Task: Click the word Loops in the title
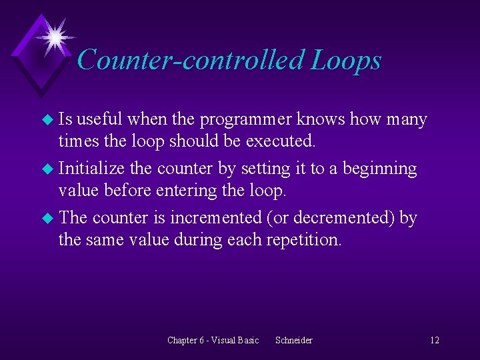click(x=345, y=60)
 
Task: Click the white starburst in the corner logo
click(x=53, y=35)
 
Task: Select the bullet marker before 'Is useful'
click(x=46, y=120)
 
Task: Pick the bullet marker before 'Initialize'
click(x=46, y=169)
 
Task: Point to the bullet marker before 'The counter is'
click(x=46, y=218)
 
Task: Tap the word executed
click(x=285, y=141)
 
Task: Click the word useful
click(x=102, y=120)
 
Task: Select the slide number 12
click(x=434, y=340)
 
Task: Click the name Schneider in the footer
click(x=293, y=340)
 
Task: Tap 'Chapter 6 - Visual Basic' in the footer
click(x=213, y=340)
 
